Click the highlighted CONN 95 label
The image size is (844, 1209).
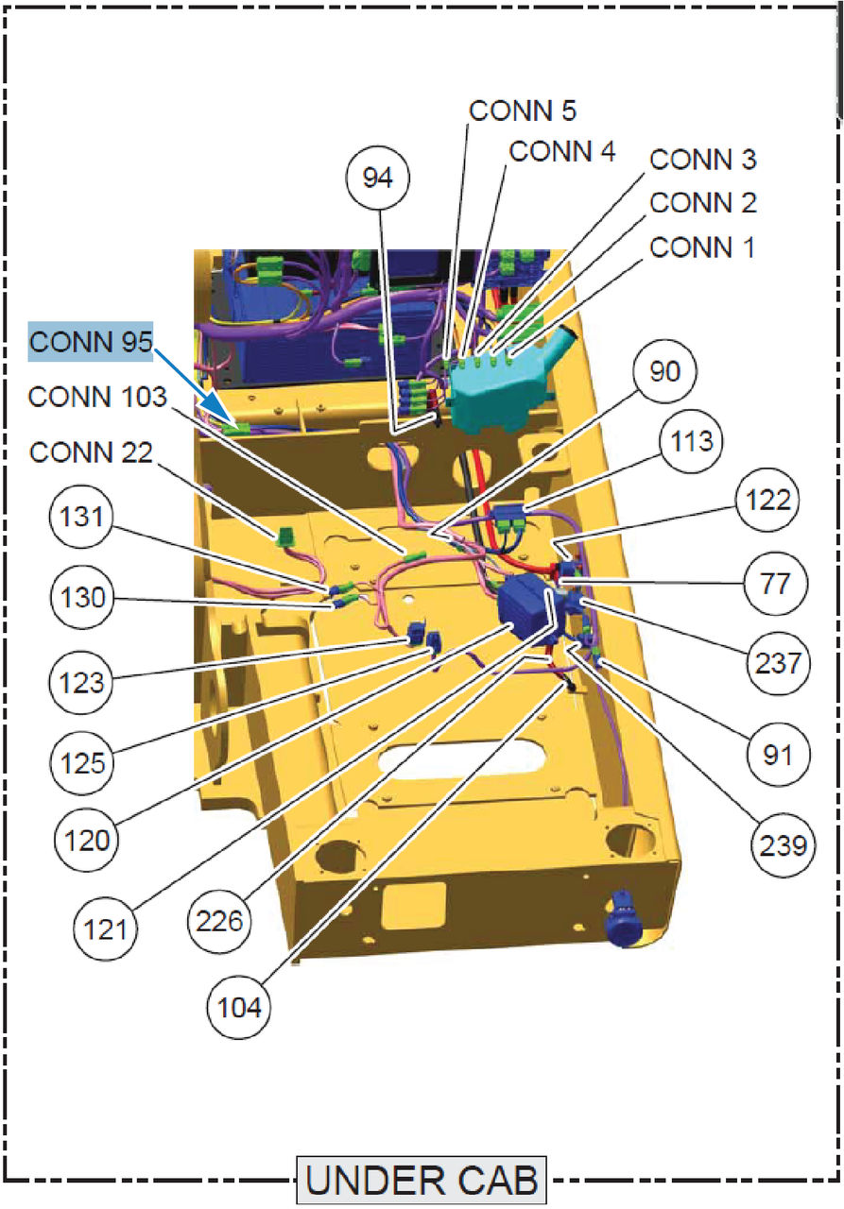click(91, 342)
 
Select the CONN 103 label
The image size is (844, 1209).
click(96, 397)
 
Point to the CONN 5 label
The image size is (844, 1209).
click(523, 111)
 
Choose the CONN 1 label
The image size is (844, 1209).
click(702, 247)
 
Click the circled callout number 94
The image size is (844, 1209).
click(377, 178)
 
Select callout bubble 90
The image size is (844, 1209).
click(664, 371)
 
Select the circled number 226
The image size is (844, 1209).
click(220, 918)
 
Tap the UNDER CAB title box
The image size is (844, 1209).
click(422, 1181)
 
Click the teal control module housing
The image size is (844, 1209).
click(496, 389)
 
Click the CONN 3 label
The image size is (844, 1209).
click(702, 160)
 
